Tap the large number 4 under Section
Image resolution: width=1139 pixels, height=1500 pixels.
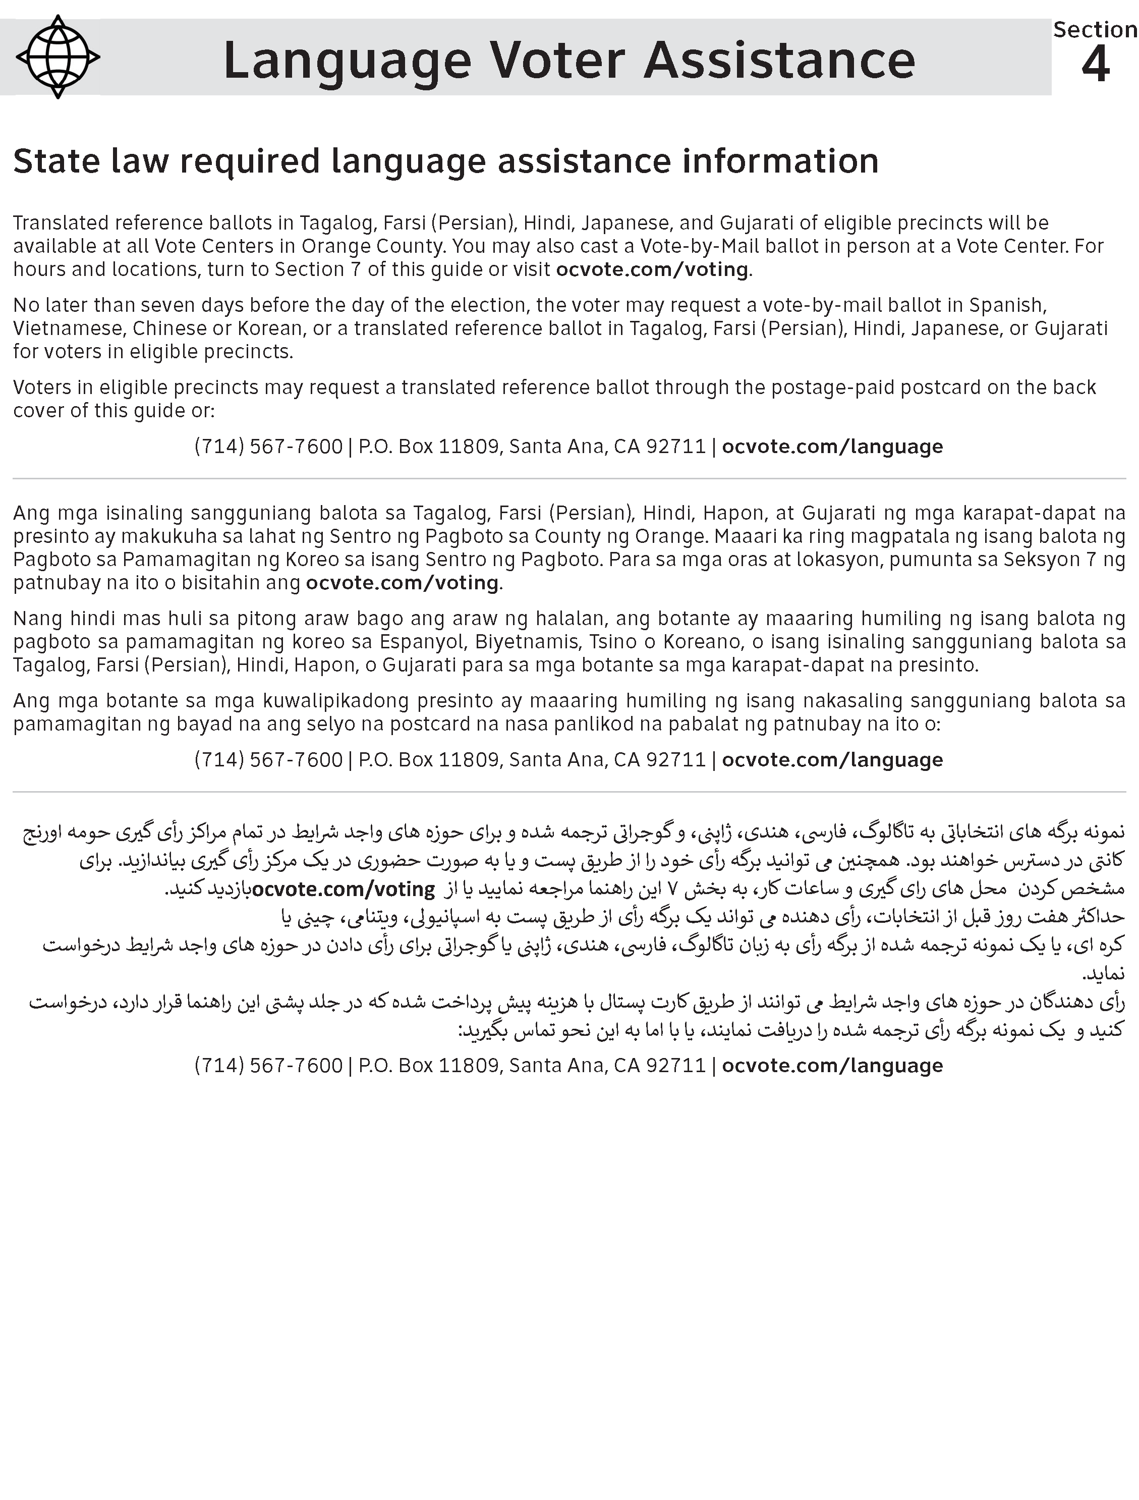tap(1095, 65)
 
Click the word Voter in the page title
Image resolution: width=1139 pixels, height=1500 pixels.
tap(557, 61)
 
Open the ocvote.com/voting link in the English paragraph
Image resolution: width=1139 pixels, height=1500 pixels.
tap(652, 269)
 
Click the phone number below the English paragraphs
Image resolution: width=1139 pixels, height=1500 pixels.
tap(268, 446)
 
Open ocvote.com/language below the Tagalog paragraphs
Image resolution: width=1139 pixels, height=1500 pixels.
tap(832, 759)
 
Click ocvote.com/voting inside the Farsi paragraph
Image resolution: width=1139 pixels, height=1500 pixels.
tap(343, 888)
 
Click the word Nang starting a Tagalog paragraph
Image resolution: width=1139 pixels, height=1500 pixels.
tap(37, 619)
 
